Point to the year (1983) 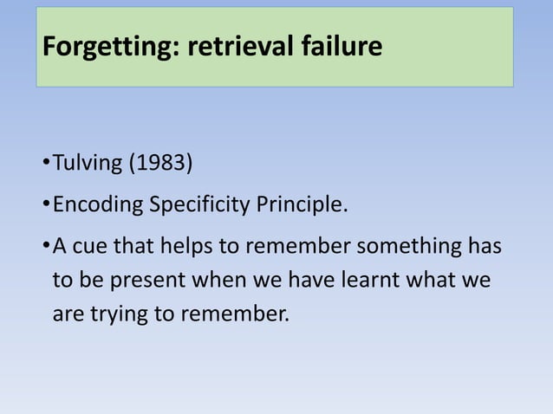point(160,162)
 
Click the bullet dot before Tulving point(45,162)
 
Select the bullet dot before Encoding point(45,206)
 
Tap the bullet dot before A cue point(45,246)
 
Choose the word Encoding point(98,206)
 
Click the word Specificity point(198,206)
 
